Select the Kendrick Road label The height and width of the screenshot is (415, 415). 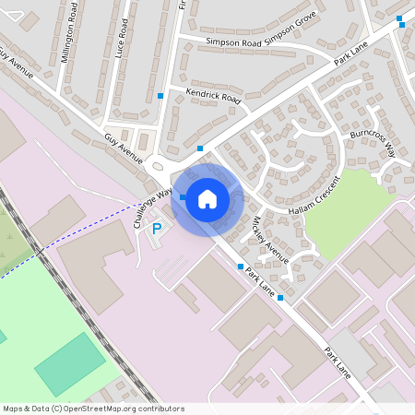(x=212, y=95)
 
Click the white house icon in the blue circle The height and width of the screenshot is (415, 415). (x=207, y=198)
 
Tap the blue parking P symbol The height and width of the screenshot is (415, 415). (x=157, y=228)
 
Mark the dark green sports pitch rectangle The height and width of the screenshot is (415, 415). (x=70, y=364)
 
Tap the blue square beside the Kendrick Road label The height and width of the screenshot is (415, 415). (x=161, y=96)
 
